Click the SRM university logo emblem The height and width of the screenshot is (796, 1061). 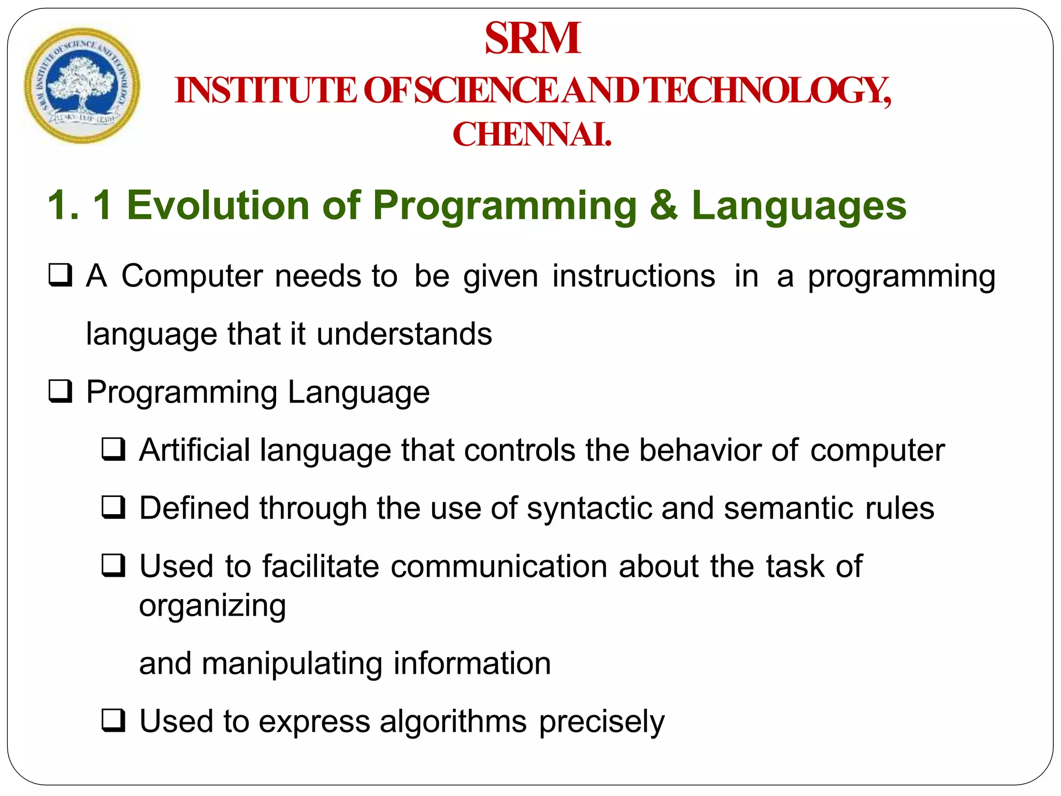[82, 86]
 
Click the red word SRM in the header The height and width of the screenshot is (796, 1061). [532, 38]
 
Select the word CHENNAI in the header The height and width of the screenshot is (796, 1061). [532, 135]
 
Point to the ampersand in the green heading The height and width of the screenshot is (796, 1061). [664, 205]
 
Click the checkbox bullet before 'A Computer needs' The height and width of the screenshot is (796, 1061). [60, 275]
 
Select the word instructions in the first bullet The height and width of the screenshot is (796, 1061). [633, 276]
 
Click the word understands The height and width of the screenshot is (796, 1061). [404, 334]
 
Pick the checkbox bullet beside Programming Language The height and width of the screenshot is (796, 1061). [60, 391]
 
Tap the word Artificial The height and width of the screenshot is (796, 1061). [195, 450]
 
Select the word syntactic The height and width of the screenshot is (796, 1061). [589, 508]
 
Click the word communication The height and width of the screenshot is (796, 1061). [499, 566]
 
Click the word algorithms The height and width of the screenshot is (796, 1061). [453, 721]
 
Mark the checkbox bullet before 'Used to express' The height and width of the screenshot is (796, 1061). [113, 721]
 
